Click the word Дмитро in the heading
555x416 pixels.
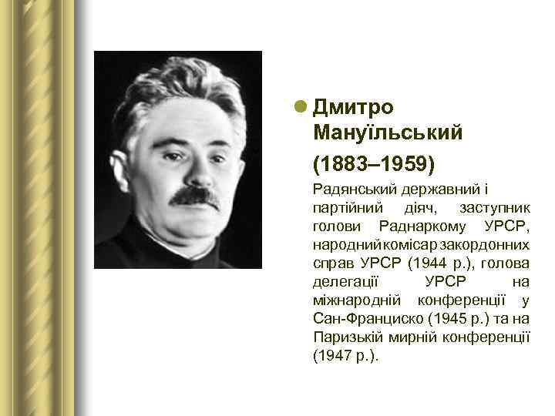[x=354, y=107]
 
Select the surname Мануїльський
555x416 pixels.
[x=388, y=134]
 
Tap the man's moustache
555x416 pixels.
[x=194, y=196]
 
